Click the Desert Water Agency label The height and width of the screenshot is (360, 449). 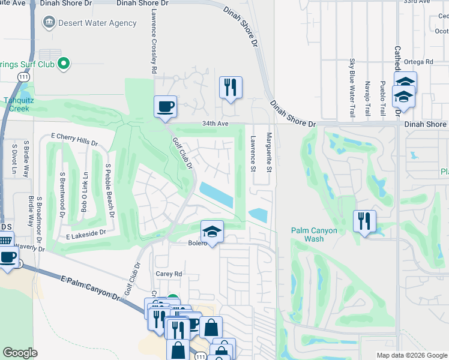pyautogui.click(x=97, y=23)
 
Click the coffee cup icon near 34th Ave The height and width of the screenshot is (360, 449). pyautogui.click(x=165, y=107)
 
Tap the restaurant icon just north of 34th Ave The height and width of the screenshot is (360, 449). pyautogui.click(x=231, y=88)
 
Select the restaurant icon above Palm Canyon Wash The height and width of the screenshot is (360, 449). pyautogui.click(x=364, y=221)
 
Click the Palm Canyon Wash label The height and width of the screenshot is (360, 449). pyautogui.click(x=314, y=235)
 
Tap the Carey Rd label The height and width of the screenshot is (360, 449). pyautogui.click(x=169, y=274)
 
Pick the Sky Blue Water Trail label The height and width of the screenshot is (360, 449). pyautogui.click(x=352, y=88)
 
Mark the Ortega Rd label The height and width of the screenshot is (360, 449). pyautogui.click(x=419, y=62)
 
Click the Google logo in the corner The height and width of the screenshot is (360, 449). pyautogui.click(x=20, y=353)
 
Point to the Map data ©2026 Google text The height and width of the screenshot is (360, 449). pyautogui.click(x=411, y=355)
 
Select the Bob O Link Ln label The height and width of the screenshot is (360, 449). pyautogui.click(x=85, y=192)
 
